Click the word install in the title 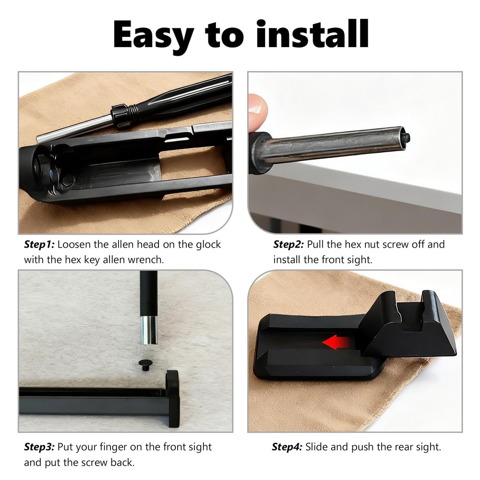click(x=312, y=34)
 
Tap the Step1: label click(x=39, y=244)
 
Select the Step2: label click(x=288, y=244)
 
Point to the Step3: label click(x=39, y=447)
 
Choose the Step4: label click(x=287, y=447)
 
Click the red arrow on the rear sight click(x=336, y=342)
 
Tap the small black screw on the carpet click(x=145, y=364)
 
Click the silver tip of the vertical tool click(x=149, y=330)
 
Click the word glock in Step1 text click(x=208, y=245)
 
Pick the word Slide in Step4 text click(x=316, y=447)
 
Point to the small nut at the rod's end click(x=406, y=138)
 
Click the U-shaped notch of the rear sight click(x=411, y=315)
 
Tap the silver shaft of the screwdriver click(x=75, y=129)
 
